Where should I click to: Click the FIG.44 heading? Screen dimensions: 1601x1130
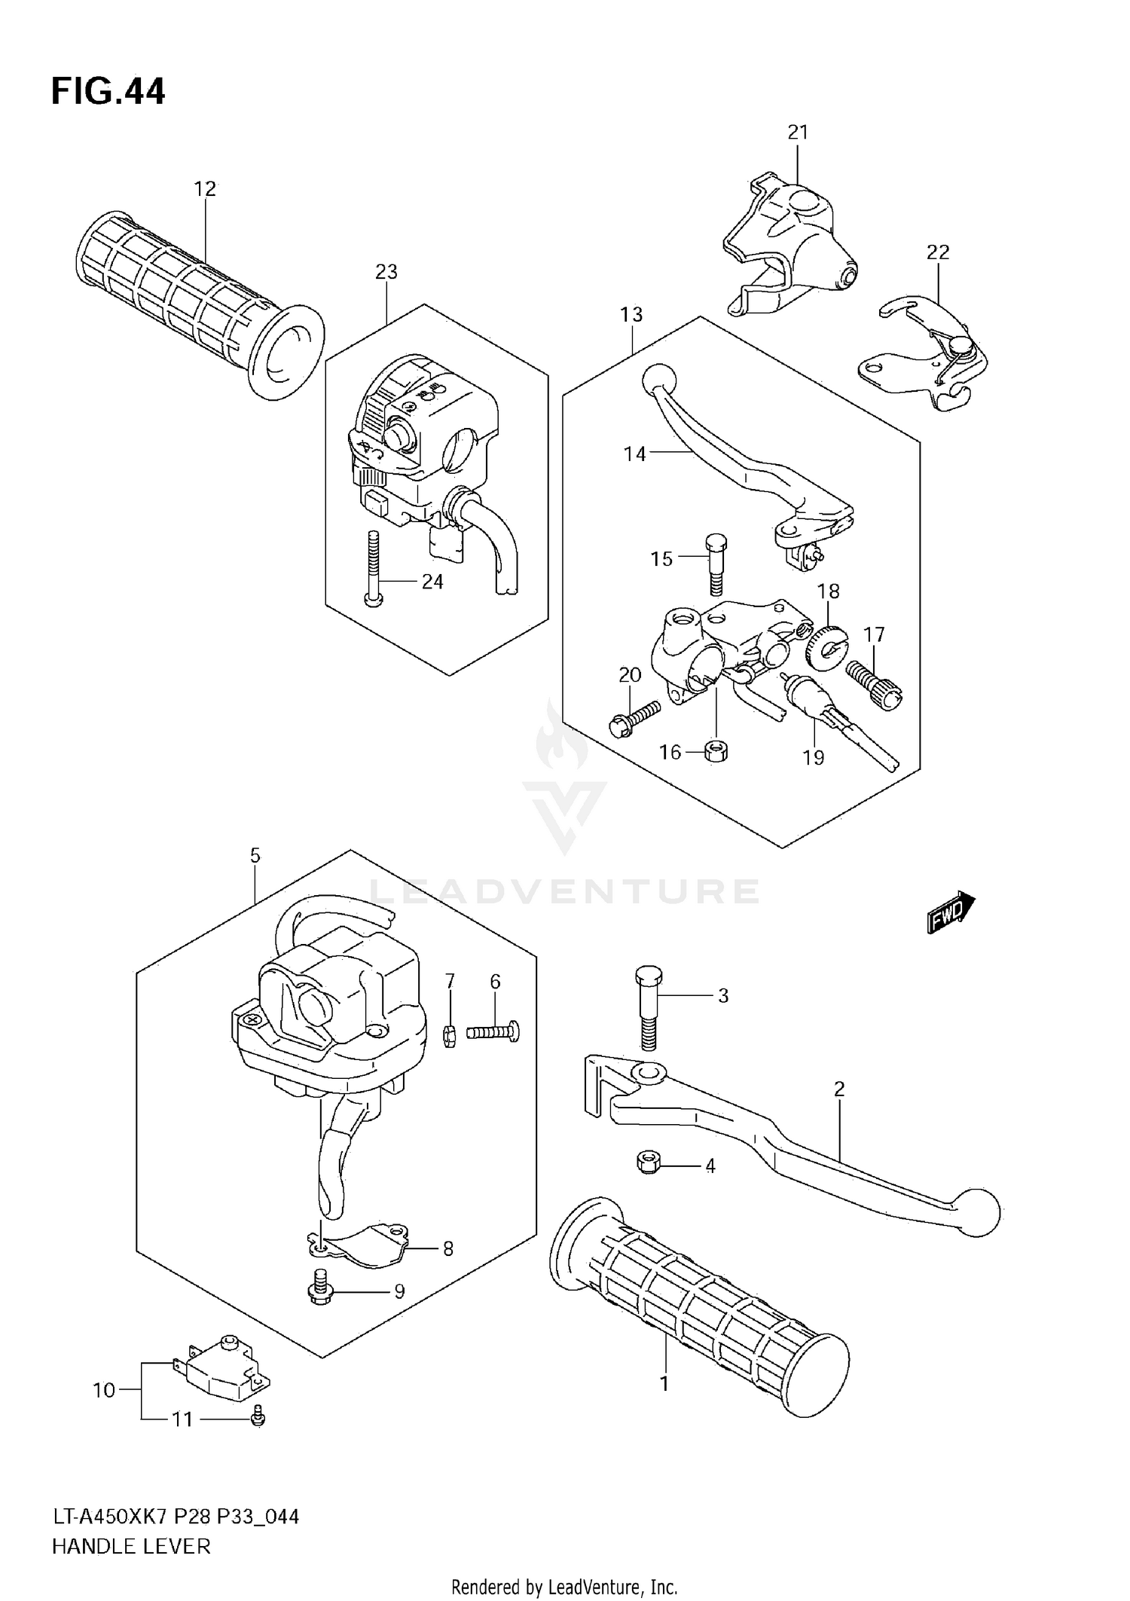108,92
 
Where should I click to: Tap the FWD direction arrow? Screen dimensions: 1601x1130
951,912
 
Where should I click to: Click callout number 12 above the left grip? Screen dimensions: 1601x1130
205,188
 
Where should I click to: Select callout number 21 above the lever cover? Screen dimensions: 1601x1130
798,133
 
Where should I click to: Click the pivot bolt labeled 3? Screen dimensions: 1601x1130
647,1007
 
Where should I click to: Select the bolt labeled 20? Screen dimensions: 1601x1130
634,716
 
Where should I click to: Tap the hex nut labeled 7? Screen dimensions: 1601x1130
450,1037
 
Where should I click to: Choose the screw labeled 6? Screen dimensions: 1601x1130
493,1031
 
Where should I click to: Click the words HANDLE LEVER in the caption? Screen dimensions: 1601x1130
131,1547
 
